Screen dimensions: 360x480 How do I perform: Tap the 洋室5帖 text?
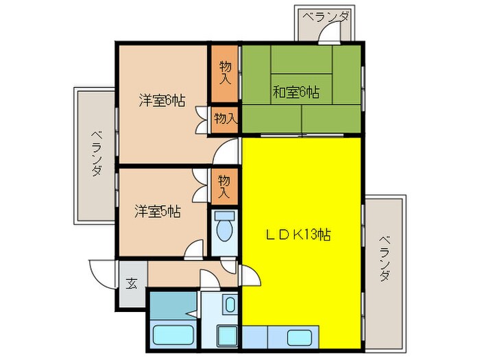click(158, 211)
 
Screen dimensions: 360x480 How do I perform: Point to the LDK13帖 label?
click(298, 235)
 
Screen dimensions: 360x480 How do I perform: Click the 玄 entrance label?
click(131, 281)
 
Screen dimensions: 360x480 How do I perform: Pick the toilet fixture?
click(223, 229)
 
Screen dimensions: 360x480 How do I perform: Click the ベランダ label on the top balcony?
click(326, 18)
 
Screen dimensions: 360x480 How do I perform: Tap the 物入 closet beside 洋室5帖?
click(224, 186)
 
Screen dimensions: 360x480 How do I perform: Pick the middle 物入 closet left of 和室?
click(224, 118)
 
